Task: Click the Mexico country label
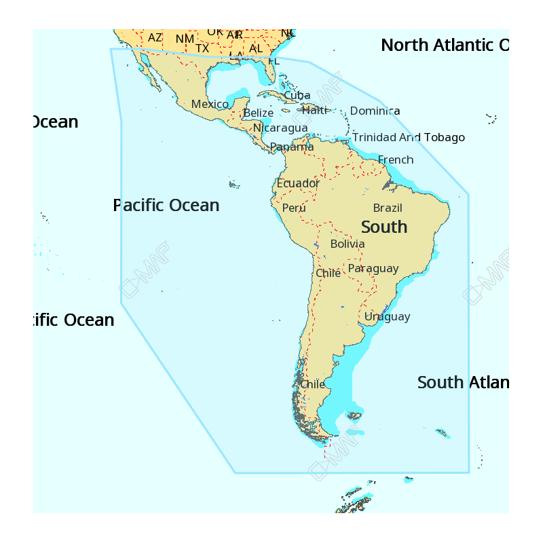[x=210, y=105]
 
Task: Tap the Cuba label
[x=297, y=96]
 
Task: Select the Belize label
[x=258, y=113]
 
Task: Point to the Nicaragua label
[x=280, y=128]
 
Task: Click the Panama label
[x=291, y=147]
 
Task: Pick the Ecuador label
[x=298, y=183]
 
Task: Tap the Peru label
[x=294, y=208]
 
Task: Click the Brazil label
[x=388, y=208]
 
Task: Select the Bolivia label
[x=347, y=244]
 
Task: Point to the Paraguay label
[x=373, y=269]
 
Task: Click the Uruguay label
[x=387, y=316]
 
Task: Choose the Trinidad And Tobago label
[x=408, y=138]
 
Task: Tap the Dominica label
[x=375, y=111]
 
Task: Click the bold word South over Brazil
[x=384, y=227]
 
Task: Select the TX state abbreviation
[x=202, y=48]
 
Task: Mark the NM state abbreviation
[x=185, y=39]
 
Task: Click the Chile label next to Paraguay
[x=328, y=274]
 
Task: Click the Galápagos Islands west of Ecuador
[x=235, y=184]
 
